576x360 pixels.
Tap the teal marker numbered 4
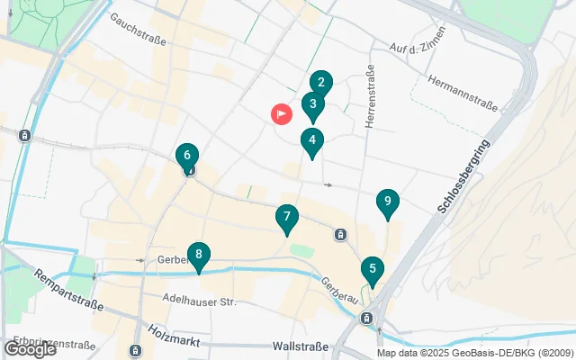tap(312, 141)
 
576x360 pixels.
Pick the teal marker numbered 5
tap(372, 270)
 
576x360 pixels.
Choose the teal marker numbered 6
tap(186, 157)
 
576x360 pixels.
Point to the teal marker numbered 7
tap(286, 219)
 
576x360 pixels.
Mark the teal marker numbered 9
tap(387, 203)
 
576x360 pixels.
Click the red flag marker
tap(282, 114)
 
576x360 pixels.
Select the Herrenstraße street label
tap(369, 95)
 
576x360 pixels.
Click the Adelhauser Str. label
tap(200, 301)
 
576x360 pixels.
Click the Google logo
tap(30, 349)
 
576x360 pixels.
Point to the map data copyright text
tap(475, 353)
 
